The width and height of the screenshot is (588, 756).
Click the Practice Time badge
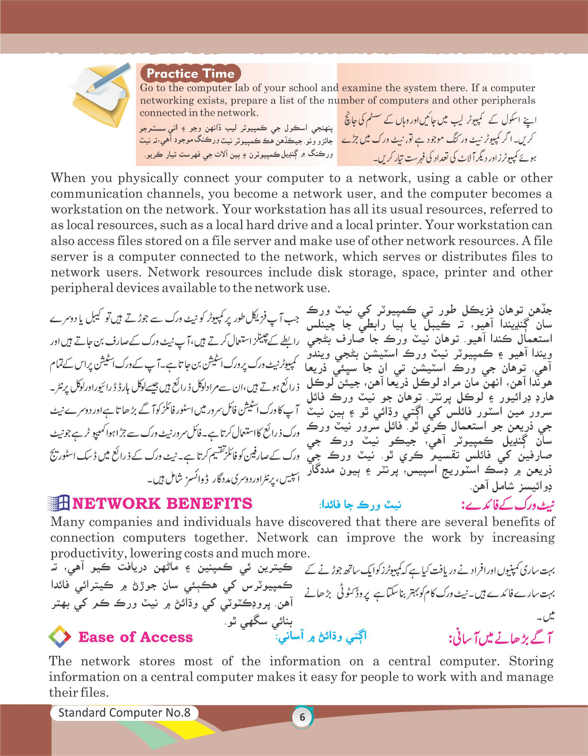[x=190, y=73]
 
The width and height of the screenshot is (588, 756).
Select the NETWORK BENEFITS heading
[x=162, y=504]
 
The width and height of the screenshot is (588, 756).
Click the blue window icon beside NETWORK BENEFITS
[x=59, y=503]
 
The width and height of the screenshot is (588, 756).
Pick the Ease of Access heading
[x=136, y=637]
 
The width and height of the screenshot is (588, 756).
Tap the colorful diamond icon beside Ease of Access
[x=60, y=637]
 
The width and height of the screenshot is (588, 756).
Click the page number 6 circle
[x=302, y=717]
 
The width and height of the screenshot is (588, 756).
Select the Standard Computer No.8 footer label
[x=124, y=713]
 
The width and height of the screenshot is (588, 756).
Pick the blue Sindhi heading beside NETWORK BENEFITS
[x=360, y=505]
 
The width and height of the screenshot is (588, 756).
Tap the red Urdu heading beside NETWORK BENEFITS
[x=507, y=505]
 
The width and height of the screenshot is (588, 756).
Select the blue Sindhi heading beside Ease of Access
[x=321, y=637]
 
